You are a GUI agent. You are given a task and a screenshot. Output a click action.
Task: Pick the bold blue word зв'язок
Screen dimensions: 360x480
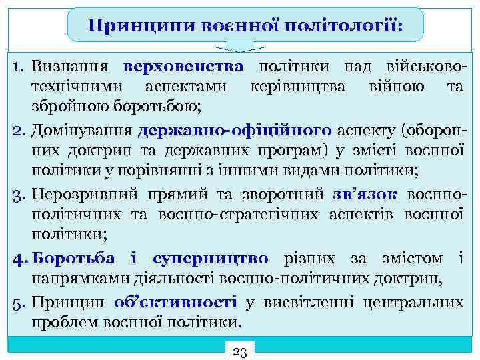point(365,194)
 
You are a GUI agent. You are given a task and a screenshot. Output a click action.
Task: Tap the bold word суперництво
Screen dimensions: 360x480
point(210,258)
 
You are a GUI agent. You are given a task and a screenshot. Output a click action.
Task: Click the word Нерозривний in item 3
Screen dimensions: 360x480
point(82,194)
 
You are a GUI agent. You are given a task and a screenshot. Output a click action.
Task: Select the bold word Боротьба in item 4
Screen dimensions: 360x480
point(73,258)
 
